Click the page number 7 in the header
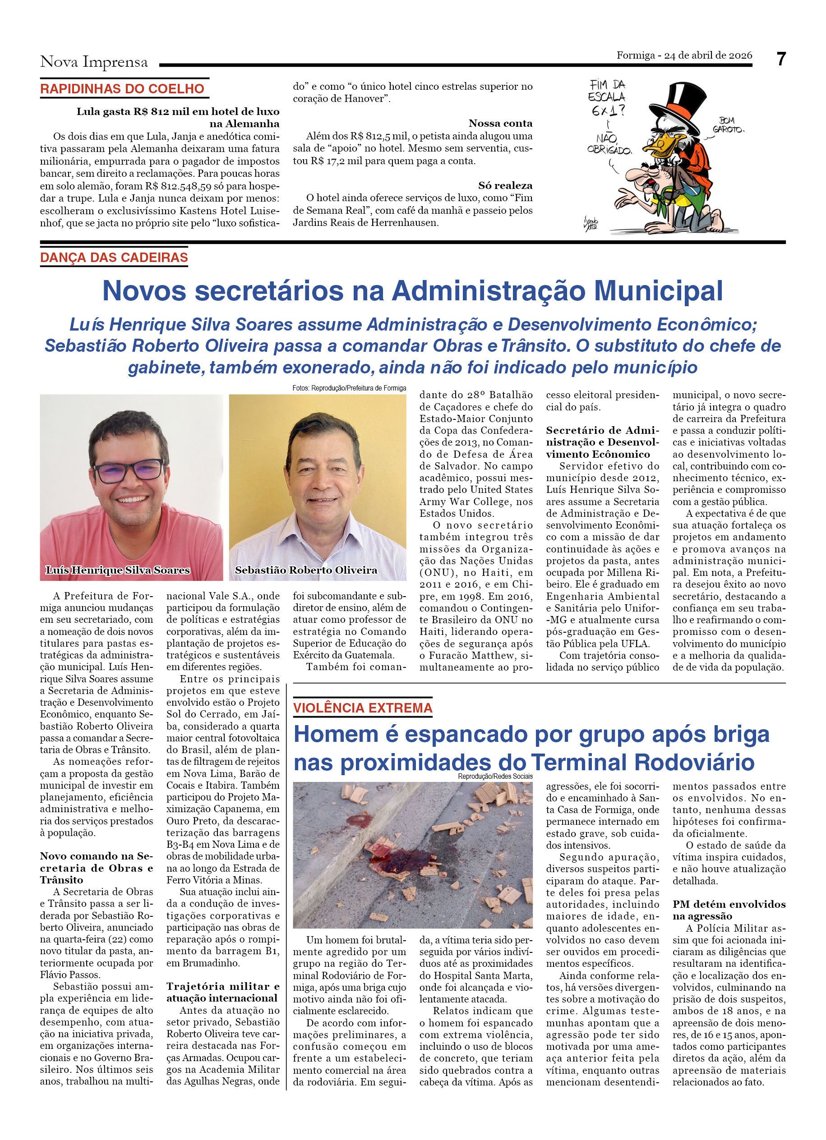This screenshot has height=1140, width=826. click(780, 60)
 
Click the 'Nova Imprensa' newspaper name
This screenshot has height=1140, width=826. click(94, 62)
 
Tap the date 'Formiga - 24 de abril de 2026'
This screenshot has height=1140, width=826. click(684, 55)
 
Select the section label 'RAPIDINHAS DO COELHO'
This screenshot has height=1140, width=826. click(122, 89)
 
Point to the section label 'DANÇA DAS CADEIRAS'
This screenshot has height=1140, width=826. click(114, 257)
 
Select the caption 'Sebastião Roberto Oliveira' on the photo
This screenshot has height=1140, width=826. click(306, 570)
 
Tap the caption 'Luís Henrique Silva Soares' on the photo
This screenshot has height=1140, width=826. click(118, 570)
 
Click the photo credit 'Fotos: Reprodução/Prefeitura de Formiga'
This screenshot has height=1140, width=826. click(349, 388)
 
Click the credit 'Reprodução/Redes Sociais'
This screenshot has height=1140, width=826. click(495, 777)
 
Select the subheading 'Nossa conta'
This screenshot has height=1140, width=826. click(500, 123)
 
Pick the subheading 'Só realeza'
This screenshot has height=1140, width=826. click(505, 185)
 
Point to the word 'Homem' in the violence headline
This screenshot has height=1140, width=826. click(336, 734)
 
